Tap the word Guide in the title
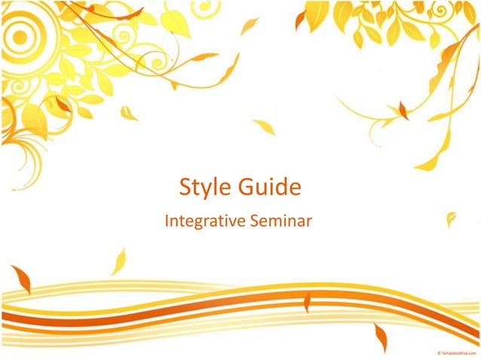tap(265, 186)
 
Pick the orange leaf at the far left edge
tap(20, 278)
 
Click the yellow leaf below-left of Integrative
tap(118, 261)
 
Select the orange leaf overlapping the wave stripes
tap(307, 303)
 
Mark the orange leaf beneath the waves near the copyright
tap(381, 337)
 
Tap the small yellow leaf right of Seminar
tap(451, 219)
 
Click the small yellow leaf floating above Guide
tap(264, 127)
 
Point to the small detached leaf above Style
tap(129, 113)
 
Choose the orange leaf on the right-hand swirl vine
tap(403, 111)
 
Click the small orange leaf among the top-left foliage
tap(63, 104)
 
